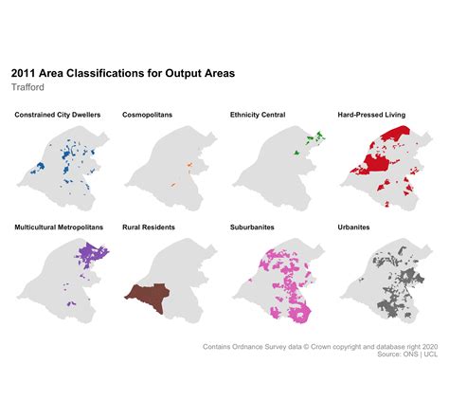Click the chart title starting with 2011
coord(122,72)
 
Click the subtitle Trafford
coord(29,87)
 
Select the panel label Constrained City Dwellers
coord(59,115)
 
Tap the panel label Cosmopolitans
coord(147,115)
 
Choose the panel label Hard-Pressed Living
coord(371,115)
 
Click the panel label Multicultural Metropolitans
coord(63,228)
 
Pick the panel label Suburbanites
coord(253,228)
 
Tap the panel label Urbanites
coord(353,228)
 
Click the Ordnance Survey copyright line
coord(320,347)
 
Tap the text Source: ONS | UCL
coord(407,355)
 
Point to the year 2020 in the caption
coord(429,347)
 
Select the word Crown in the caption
coord(329,347)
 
